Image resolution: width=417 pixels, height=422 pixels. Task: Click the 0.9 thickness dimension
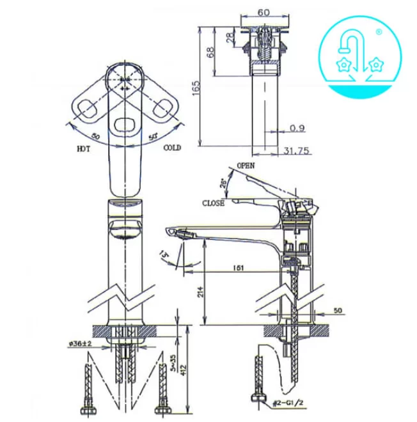tap(295, 127)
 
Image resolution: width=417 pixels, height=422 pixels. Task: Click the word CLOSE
tap(213, 203)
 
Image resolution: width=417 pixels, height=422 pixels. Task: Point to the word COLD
tap(171, 148)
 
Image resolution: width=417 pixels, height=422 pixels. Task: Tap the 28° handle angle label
tap(224, 184)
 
